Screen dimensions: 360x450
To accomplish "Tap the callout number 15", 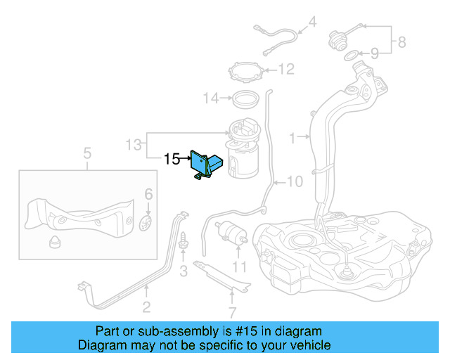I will tap(172, 160).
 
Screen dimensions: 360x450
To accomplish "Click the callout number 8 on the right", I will tap(401, 42).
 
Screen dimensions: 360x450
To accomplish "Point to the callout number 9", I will tap(375, 53).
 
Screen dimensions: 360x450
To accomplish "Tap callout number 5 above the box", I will tap(87, 153).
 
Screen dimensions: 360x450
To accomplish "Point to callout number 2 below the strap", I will tap(146, 306).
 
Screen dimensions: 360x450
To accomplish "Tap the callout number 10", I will tap(294, 181).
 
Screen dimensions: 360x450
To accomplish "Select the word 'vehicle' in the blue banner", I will tap(310, 345).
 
